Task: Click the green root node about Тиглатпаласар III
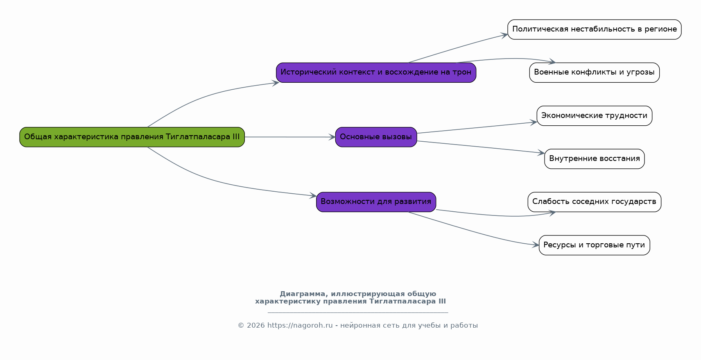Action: pos(132,137)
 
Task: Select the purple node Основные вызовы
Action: pos(376,137)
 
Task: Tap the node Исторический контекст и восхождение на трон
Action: pos(376,72)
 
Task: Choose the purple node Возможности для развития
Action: pos(376,202)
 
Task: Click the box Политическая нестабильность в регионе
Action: pos(595,29)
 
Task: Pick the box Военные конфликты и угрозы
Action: pos(595,72)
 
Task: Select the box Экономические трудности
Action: pos(595,116)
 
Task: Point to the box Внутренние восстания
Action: pos(595,159)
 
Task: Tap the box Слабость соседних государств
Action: pos(595,202)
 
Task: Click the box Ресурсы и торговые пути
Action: pos(595,245)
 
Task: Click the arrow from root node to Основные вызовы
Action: pos(290,137)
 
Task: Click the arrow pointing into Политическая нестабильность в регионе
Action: pos(457,48)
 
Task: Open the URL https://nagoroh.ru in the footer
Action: pos(300,326)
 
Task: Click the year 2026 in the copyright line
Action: pos(256,326)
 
